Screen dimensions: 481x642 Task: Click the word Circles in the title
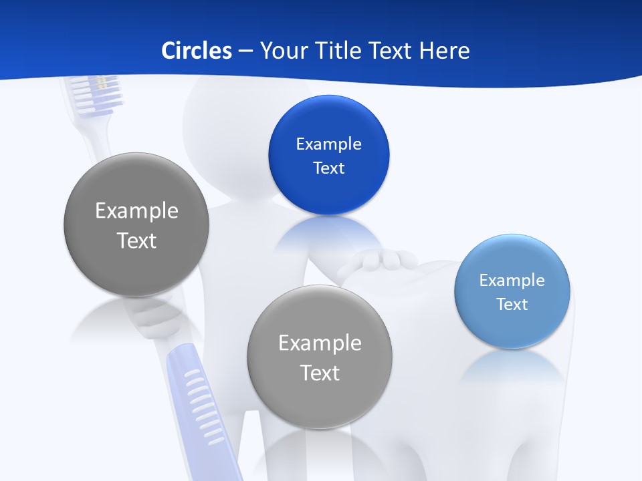click(x=196, y=50)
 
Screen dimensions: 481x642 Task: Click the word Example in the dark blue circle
click(x=328, y=144)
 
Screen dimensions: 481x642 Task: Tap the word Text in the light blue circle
click(x=512, y=305)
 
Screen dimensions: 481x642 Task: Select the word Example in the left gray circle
click(x=136, y=210)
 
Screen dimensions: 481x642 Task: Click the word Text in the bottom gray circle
click(x=320, y=373)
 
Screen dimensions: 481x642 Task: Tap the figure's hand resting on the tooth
click(x=378, y=259)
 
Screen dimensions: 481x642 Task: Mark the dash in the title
click(x=245, y=50)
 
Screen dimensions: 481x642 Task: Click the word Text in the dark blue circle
click(x=328, y=168)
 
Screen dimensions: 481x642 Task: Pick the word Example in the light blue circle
click(x=512, y=281)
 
